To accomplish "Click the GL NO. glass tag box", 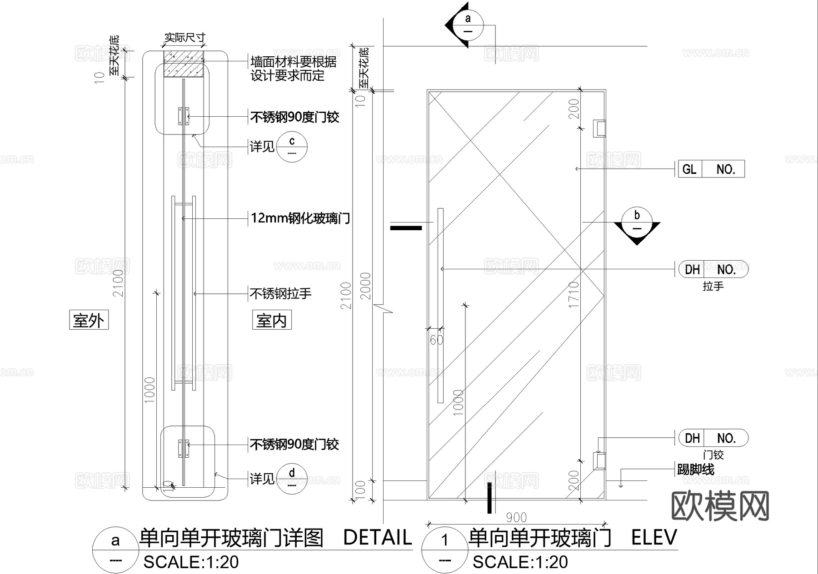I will pyautogui.click(x=711, y=169).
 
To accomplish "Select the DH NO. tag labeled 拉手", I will pyautogui.click(x=713, y=269).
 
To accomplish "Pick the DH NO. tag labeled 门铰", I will pyautogui.click(x=713, y=438).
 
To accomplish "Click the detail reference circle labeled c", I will pyautogui.click(x=292, y=146).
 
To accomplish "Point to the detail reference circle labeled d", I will pyautogui.click(x=292, y=478).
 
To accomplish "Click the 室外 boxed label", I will pyautogui.click(x=89, y=320).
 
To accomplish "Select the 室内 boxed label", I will pyautogui.click(x=272, y=320).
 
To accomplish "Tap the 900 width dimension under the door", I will pyautogui.click(x=516, y=517).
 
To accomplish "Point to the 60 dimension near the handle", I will pyautogui.click(x=436, y=340).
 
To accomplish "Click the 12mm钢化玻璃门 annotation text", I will pyautogui.click(x=300, y=218).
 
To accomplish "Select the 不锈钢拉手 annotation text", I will pyautogui.click(x=281, y=294).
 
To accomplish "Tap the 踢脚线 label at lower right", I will pyautogui.click(x=695, y=469).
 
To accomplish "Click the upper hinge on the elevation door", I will pyautogui.click(x=600, y=128).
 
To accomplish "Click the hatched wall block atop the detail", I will pyautogui.click(x=184, y=64).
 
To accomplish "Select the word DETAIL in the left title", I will pyautogui.click(x=377, y=538).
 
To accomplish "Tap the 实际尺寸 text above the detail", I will pyautogui.click(x=185, y=37).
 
